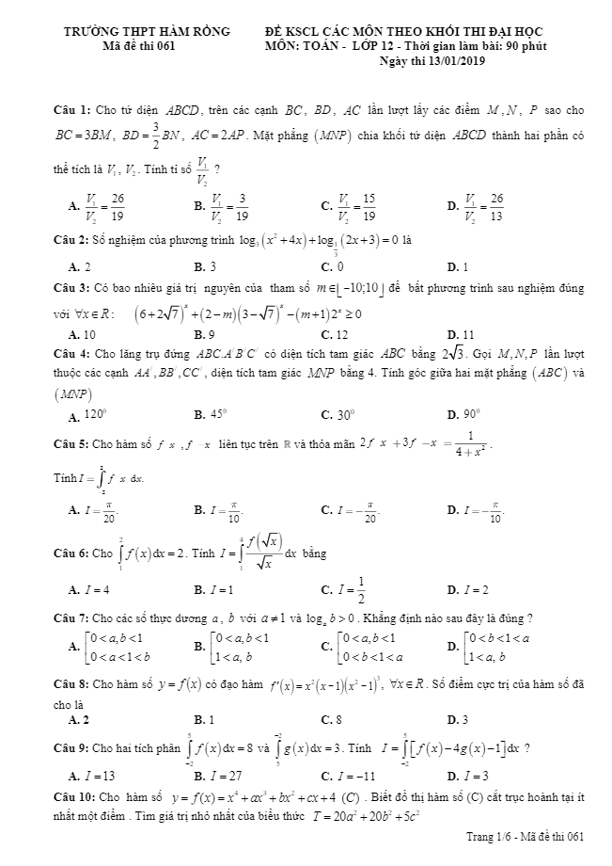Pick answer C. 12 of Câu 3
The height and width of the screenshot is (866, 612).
coord(334,334)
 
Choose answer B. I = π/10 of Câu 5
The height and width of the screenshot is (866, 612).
coord(217,510)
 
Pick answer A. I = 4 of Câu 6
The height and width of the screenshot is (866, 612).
coord(90,590)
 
